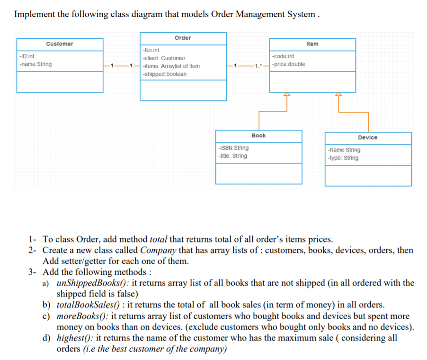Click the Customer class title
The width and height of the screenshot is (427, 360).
coord(60,44)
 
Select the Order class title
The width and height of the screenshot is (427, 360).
coord(183,37)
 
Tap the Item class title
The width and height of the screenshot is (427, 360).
coord(312,44)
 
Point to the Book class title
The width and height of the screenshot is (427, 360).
coord(258,135)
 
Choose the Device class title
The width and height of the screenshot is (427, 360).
coord(367,137)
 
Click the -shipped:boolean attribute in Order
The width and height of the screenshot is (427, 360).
coord(164,74)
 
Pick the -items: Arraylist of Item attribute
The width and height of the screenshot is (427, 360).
coord(171,66)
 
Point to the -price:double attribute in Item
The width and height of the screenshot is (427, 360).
coord(289,64)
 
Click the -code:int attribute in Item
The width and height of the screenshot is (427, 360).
coord(284,56)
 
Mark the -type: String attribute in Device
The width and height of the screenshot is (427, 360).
coord(343,158)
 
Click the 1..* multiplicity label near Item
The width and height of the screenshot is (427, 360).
coord(258,65)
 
